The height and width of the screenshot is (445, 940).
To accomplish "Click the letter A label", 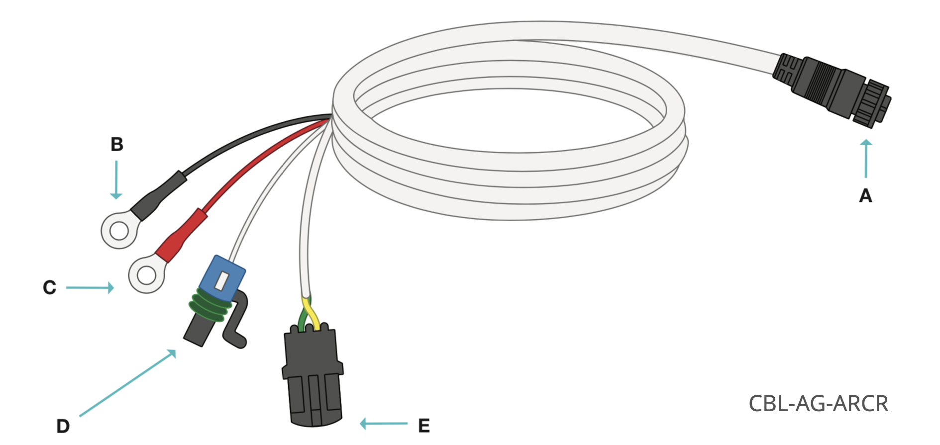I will pyautogui.click(x=865, y=196).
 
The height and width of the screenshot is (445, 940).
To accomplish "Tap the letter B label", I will pyautogui.click(x=116, y=144).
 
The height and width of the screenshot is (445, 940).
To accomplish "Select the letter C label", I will pyautogui.click(x=49, y=287).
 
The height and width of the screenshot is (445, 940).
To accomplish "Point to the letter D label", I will pyautogui.click(x=63, y=426).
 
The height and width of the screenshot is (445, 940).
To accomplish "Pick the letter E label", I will pyautogui.click(x=423, y=425).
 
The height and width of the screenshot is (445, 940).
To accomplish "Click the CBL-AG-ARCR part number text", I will pyautogui.click(x=818, y=404).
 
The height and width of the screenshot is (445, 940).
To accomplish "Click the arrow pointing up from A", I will pyautogui.click(x=866, y=159).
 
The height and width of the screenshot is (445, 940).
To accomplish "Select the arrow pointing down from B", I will pyautogui.click(x=116, y=179).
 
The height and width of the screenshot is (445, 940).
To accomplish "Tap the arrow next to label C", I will pyautogui.click(x=90, y=287).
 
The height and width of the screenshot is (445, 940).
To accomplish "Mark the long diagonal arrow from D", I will pyautogui.click(x=127, y=383).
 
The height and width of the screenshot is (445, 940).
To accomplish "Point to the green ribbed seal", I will pyautogui.click(x=209, y=307).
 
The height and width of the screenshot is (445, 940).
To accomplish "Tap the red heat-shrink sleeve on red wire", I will pyautogui.click(x=182, y=235).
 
